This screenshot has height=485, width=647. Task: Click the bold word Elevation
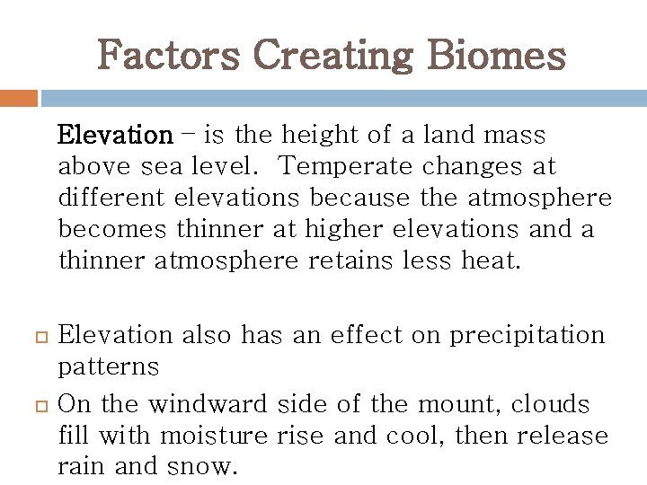pos(114,136)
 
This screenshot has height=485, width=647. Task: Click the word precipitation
pos(527,336)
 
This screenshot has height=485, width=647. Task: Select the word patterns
pos(108,367)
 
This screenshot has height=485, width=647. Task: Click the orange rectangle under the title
pos(18,97)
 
